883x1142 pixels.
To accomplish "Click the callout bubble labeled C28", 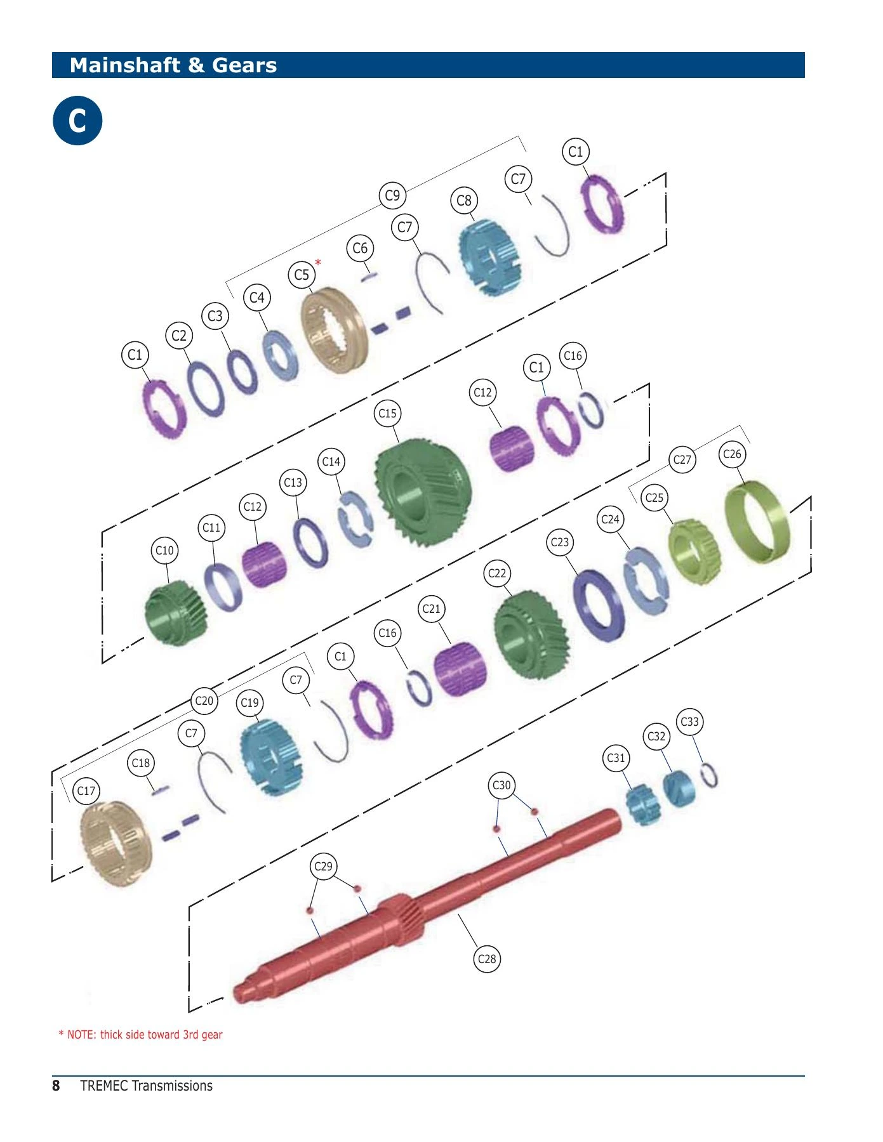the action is pos(487,959).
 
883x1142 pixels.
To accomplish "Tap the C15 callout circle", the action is pos(387,413).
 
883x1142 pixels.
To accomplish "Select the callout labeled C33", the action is pos(689,721).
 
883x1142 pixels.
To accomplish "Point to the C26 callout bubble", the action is pos(732,454).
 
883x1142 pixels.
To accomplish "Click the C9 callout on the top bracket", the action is pos(393,195).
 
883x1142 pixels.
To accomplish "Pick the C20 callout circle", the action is pos(204,700).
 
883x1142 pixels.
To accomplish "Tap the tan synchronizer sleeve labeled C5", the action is pos(335,330).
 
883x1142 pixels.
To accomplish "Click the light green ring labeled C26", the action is pos(758,522).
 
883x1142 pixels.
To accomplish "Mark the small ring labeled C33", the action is pos(709,775).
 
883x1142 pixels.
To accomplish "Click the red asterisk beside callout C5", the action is pos(318,263).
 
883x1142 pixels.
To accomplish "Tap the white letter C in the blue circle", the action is pos(77,121).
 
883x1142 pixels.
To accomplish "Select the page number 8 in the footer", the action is pos(56,1086).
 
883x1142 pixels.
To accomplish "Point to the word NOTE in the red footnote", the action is pos(81,1035).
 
